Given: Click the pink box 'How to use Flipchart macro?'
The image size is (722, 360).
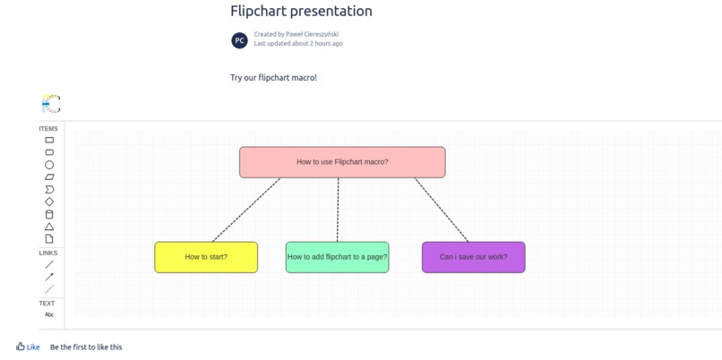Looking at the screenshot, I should pyautogui.click(x=342, y=162).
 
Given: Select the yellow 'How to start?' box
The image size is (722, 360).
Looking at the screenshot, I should pyautogui.click(x=206, y=257).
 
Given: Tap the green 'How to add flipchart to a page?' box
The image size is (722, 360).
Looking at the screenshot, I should pyautogui.click(x=337, y=257).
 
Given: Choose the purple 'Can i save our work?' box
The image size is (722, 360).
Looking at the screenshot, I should pyautogui.click(x=473, y=257).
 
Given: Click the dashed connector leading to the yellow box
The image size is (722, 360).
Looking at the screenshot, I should pyautogui.click(x=246, y=210).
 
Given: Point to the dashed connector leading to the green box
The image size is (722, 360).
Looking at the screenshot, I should pyautogui.click(x=338, y=210).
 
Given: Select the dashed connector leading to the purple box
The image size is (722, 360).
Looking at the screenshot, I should pyautogui.click(x=441, y=210).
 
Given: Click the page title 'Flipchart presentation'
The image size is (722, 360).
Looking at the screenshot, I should pyautogui.click(x=301, y=12).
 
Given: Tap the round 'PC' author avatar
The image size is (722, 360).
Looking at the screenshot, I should pyautogui.click(x=239, y=39).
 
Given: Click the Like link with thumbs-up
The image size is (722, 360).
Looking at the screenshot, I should pyautogui.click(x=28, y=347).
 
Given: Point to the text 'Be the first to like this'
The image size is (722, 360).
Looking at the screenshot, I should pyautogui.click(x=86, y=347).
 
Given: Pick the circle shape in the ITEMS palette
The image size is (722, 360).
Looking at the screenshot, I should pyautogui.click(x=49, y=165).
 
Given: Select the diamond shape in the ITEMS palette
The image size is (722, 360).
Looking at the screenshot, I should pyautogui.click(x=49, y=201).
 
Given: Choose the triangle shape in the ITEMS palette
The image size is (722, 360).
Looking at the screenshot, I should pyautogui.click(x=49, y=227).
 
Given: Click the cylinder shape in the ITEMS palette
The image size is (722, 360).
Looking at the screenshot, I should pyautogui.click(x=49, y=214).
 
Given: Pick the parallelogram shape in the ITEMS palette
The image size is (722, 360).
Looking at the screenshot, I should pyautogui.click(x=49, y=177).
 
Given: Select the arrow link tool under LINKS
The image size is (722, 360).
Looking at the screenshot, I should pyautogui.click(x=49, y=277).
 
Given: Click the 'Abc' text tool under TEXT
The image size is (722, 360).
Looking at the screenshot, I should pyautogui.click(x=49, y=314).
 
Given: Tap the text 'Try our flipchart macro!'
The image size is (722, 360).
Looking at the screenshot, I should pyautogui.click(x=273, y=78).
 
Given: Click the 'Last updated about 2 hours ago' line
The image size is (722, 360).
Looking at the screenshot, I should pyautogui.click(x=297, y=43).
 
